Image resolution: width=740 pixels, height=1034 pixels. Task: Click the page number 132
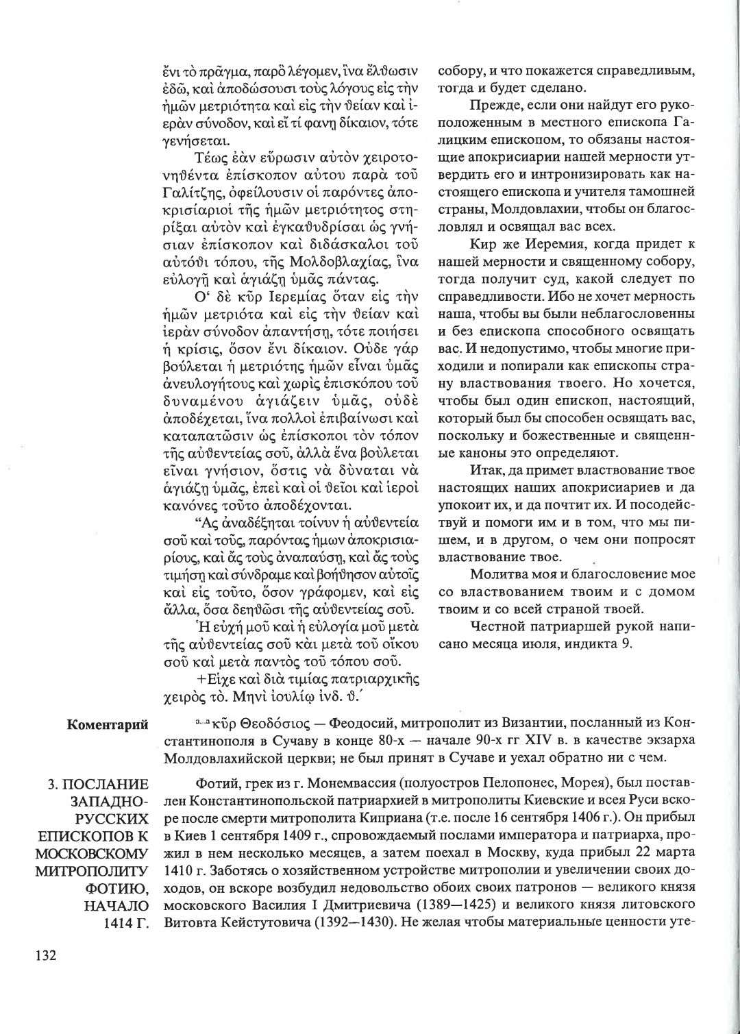pos(40,957)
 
